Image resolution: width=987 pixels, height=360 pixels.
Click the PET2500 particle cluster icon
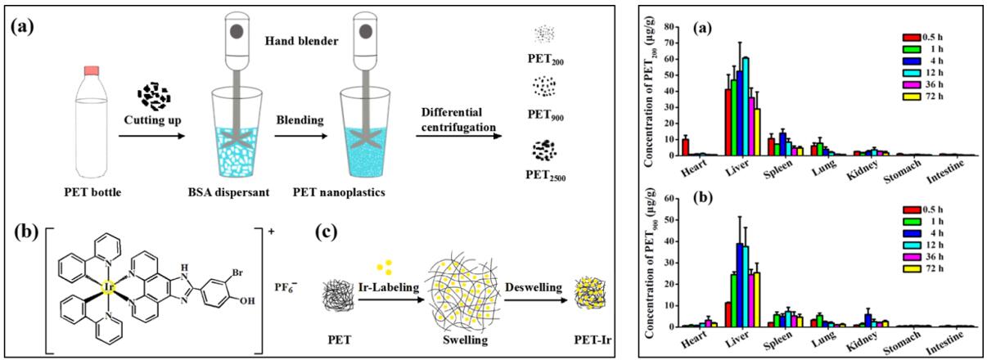[544, 149]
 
